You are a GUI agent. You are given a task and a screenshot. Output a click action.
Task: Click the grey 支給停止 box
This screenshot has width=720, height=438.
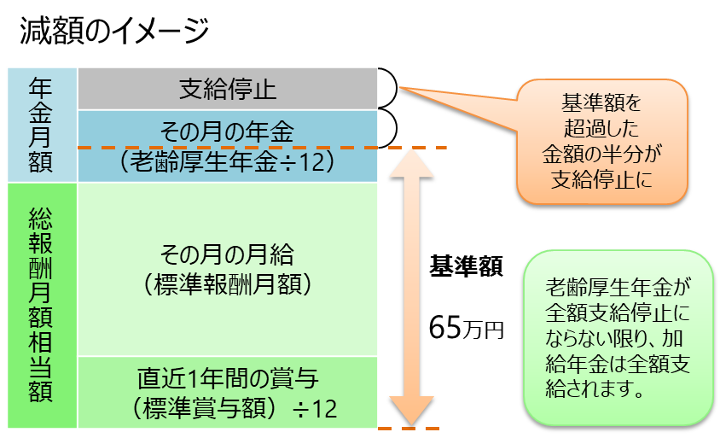click(x=227, y=89)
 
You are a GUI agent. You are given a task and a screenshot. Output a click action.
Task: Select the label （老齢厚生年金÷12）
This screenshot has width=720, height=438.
click(x=227, y=161)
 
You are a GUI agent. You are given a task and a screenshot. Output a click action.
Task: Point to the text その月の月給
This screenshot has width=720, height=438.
click(x=227, y=254)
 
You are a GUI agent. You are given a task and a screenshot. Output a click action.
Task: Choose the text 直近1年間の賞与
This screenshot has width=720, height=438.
click(x=227, y=377)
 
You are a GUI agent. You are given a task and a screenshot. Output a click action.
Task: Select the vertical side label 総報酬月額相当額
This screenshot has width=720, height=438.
click(x=40, y=303)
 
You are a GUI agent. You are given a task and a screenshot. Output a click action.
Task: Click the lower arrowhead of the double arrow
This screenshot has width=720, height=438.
click(x=411, y=413)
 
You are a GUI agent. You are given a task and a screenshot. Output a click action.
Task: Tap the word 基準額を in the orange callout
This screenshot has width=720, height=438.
click(x=601, y=104)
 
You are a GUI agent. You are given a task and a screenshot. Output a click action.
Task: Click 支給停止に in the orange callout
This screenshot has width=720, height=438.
click(x=601, y=180)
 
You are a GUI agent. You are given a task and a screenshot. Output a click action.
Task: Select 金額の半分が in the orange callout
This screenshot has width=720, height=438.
click(x=601, y=155)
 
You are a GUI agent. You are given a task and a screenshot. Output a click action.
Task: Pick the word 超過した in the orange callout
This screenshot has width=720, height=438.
click(x=601, y=129)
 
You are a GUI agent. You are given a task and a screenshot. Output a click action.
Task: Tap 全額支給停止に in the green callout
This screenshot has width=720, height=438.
click(x=618, y=310)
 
